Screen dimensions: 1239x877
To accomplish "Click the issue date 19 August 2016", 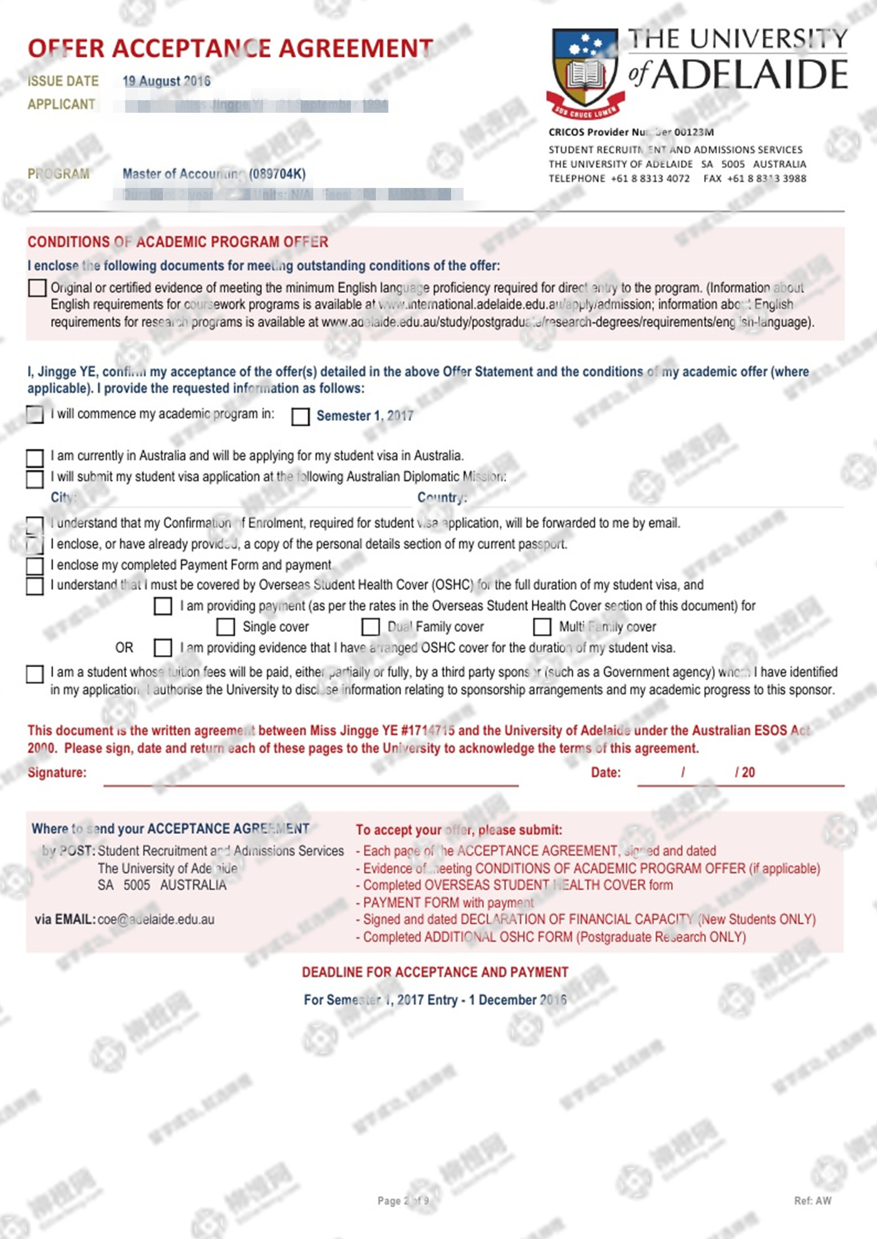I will (167, 81).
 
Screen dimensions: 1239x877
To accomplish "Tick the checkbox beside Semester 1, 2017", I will (301, 417).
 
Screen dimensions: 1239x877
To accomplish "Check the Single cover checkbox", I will (226, 627).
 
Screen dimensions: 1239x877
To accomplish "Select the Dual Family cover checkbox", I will (371, 627).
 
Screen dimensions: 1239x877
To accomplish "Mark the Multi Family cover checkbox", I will (542, 627).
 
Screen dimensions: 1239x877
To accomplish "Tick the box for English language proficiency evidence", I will (37, 288).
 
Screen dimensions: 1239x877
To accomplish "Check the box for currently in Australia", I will (35, 457).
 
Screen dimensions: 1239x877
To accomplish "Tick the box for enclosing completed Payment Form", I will (35, 566).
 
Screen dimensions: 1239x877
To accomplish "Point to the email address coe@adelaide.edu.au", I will (156, 920).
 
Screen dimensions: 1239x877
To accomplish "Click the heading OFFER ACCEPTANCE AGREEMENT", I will (230, 49).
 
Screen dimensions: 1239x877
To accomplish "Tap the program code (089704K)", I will (277, 174).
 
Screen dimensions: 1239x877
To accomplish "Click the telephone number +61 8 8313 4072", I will (650, 179).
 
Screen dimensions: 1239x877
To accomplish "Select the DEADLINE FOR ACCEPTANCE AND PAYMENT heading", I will (435, 972).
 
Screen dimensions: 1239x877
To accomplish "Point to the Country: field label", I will (442, 497).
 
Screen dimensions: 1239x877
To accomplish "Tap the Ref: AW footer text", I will (812, 1201).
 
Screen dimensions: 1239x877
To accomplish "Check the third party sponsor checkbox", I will (35, 674).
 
